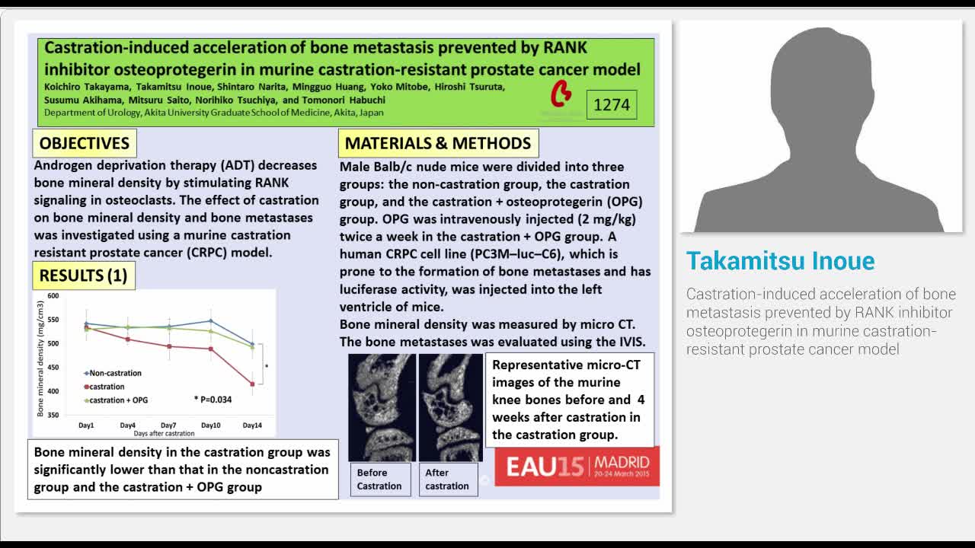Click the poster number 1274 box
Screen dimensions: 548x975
coord(611,105)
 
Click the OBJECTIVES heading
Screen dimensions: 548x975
coord(84,143)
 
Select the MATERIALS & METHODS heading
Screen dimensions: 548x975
coord(438,143)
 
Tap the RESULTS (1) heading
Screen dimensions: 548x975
coord(84,276)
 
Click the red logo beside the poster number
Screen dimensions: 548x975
coord(561,94)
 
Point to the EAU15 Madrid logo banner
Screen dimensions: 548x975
coord(577,465)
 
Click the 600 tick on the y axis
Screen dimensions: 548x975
coord(53,295)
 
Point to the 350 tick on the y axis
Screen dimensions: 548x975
coord(53,415)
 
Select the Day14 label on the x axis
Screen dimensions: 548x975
coord(252,425)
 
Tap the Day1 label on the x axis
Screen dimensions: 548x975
coord(86,425)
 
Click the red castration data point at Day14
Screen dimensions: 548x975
coord(252,384)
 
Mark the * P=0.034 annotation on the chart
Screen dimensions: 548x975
coord(213,400)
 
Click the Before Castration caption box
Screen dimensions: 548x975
coord(379,479)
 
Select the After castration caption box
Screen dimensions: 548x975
coord(447,479)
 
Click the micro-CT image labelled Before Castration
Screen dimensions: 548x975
coord(382,407)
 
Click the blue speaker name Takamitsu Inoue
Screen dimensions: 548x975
coord(780,261)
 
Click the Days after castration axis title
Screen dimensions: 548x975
coord(164,433)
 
